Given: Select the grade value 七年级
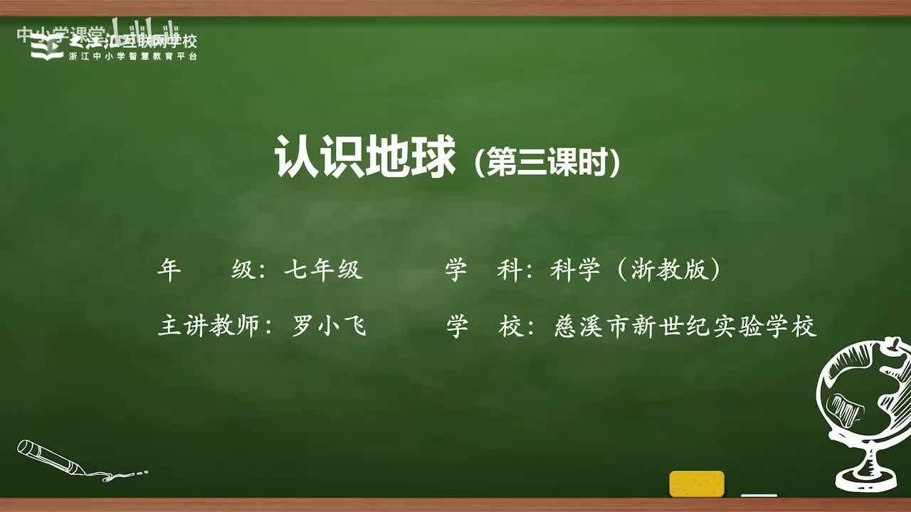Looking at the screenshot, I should coord(323,270).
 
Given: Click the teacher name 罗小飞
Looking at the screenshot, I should coord(329,326).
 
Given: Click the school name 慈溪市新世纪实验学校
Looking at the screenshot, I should coord(684,326).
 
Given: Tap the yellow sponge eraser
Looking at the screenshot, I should coord(697,484).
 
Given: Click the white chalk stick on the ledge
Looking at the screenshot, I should coord(759,495).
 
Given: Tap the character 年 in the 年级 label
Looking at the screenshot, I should coord(169,270).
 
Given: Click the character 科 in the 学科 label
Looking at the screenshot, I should coord(510,270).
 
